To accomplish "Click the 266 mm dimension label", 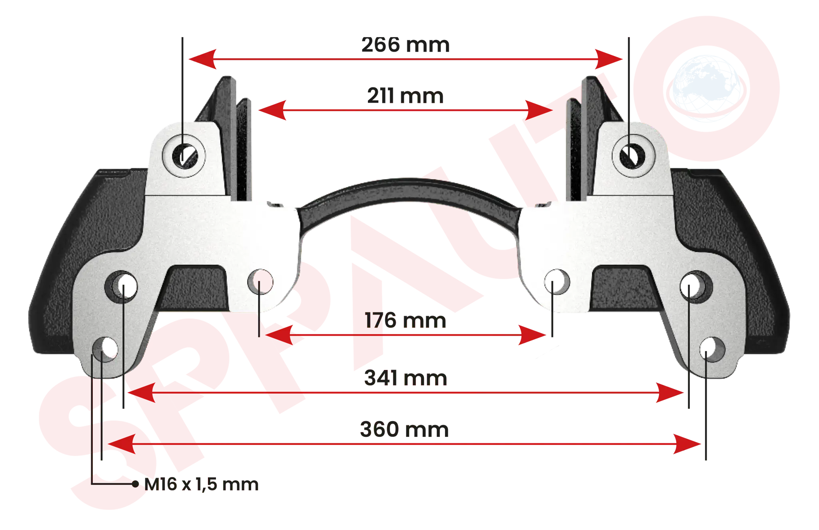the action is pyautogui.click(x=406, y=44).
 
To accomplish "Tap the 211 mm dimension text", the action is pyautogui.click(x=406, y=96).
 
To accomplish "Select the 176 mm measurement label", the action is pyautogui.click(x=406, y=320).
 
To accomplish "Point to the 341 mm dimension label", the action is pyautogui.click(x=406, y=378).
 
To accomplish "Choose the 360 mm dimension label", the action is pyautogui.click(x=404, y=429).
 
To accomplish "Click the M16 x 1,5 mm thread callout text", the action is pyautogui.click(x=201, y=484).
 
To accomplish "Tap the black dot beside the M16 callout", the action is pyautogui.click(x=135, y=484).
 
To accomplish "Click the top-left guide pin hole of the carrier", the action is pyautogui.click(x=184, y=156).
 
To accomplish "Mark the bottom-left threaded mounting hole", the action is pyautogui.click(x=106, y=349).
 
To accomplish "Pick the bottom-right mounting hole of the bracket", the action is pyautogui.click(x=712, y=349).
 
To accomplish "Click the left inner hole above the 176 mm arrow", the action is pyautogui.click(x=260, y=282).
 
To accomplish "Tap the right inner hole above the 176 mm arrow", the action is pyautogui.click(x=557, y=282).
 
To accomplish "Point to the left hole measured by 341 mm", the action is pyautogui.click(x=122, y=286).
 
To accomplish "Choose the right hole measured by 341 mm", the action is pyautogui.click(x=696, y=286).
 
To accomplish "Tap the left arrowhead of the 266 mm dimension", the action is pyautogui.click(x=202, y=59).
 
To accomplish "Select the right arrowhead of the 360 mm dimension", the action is pyautogui.click(x=687, y=444).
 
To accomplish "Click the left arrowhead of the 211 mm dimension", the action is pyautogui.click(x=272, y=110).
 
